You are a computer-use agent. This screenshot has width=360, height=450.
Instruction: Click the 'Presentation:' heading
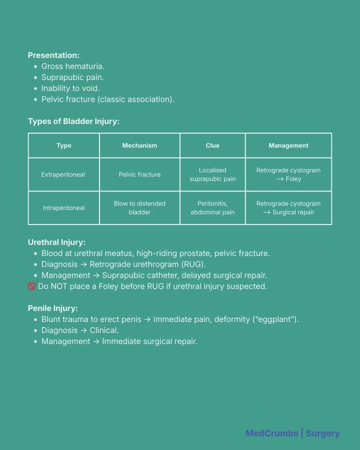54,55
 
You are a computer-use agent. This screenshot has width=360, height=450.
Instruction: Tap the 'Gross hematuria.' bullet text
73,66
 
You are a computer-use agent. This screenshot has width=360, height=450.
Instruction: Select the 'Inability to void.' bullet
70,88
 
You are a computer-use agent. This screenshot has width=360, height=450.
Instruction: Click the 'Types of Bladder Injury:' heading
73,121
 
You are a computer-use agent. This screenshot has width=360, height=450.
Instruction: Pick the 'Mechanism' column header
140,146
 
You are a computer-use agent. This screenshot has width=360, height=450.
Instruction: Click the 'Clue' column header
213,146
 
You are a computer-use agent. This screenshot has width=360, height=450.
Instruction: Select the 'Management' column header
288,146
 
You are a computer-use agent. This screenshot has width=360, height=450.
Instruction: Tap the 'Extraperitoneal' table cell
63,175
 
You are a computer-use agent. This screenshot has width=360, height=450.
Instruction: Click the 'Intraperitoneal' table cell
64,208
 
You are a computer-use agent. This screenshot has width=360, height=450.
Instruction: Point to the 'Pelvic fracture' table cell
140,175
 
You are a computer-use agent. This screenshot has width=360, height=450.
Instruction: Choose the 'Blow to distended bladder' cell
140,208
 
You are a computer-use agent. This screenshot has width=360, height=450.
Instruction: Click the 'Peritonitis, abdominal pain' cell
213,208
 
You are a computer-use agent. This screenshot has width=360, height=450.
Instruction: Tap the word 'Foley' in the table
293,179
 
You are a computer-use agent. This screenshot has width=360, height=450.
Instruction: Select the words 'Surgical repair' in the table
293,212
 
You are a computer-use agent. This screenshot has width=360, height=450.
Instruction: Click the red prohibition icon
32,286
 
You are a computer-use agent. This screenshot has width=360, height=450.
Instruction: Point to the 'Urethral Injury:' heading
57,242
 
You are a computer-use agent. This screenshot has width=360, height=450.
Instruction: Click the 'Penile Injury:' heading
53,308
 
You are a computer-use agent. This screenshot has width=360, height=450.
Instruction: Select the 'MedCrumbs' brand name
272,433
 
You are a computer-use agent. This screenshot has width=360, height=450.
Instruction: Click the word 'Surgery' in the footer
323,433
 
